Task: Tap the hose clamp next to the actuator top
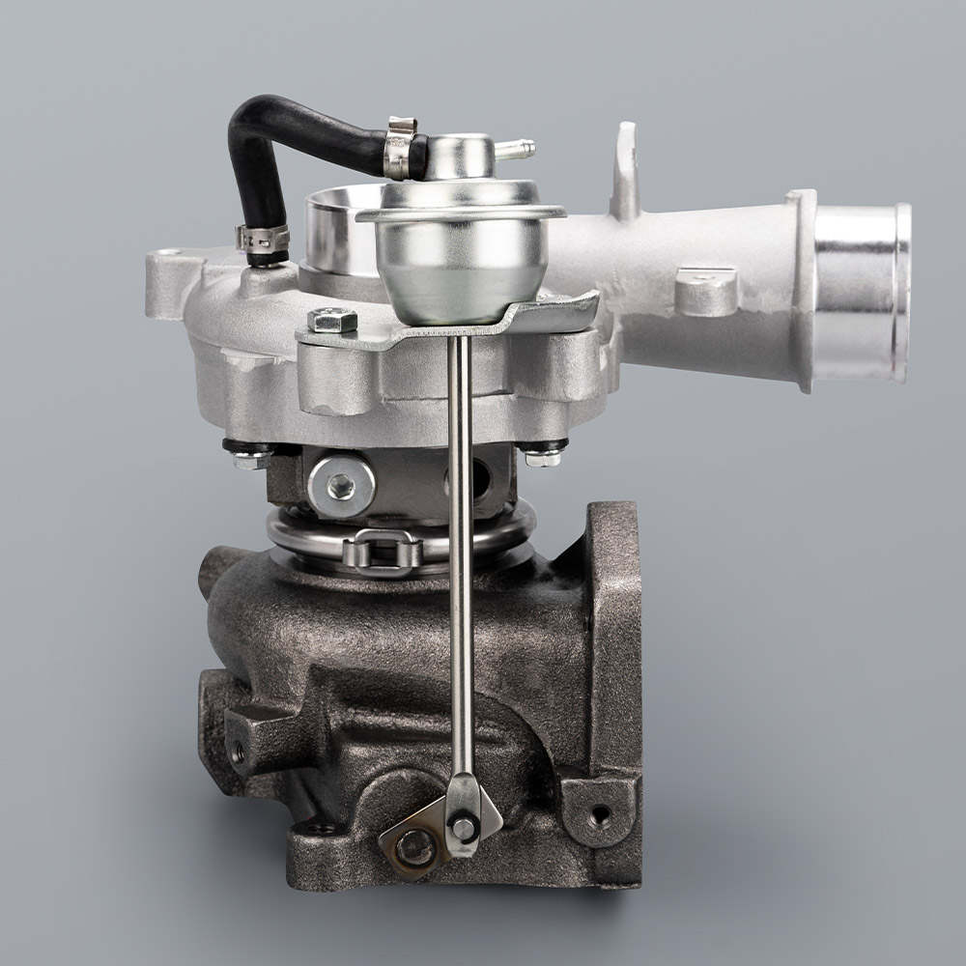click(400, 148)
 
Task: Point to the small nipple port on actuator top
click(517, 150)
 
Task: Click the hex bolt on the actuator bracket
click(332, 321)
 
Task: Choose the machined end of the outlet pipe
click(863, 290)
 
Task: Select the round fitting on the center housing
click(340, 486)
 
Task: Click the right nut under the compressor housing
click(544, 454)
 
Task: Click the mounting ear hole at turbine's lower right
click(600, 813)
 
